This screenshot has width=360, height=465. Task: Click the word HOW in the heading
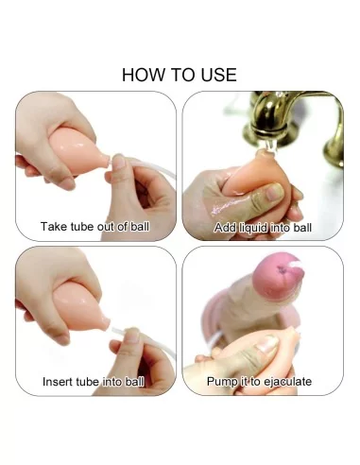(145, 75)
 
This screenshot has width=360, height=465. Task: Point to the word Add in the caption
(225, 228)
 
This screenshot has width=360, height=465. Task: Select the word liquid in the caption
(253, 228)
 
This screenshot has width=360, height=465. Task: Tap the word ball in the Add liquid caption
(302, 228)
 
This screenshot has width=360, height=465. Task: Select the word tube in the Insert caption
(89, 382)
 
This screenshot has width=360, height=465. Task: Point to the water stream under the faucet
(270, 146)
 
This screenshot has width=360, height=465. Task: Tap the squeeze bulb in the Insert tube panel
(79, 305)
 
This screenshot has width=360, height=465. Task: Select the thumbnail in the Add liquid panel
(275, 192)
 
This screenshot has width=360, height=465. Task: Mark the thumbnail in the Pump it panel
(267, 344)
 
